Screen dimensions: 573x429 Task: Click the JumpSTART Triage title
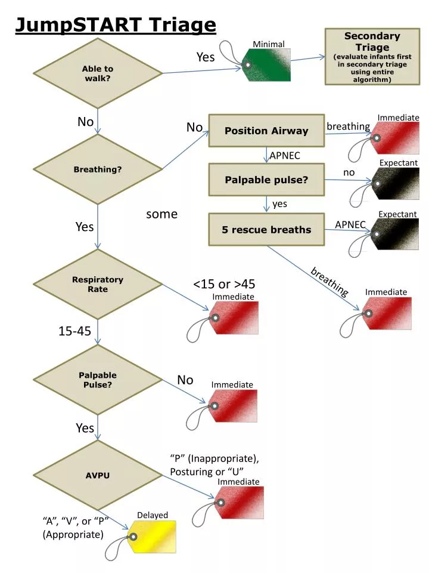click(x=115, y=25)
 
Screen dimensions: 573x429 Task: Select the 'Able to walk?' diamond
click(x=98, y=73)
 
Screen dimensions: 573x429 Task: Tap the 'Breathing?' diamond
click(x=98, y=170)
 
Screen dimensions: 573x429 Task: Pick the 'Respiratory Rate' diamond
click(x=98, y=284)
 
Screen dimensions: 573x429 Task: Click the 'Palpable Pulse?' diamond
click(x=98, y=380)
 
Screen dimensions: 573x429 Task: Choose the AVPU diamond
click(x=98, y=475)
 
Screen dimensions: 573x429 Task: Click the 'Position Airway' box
click(x=266, y=131)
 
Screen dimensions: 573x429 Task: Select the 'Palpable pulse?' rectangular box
click(x=266, y=180)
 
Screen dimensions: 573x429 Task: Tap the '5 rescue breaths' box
click(x=266, y=229)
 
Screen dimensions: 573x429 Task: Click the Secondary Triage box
click(x=372, y=57)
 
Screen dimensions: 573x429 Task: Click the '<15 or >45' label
click(x=224, y=284)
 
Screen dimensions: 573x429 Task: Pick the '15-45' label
click(x=74, y=331)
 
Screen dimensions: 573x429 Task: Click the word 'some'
click(x=161, y=214)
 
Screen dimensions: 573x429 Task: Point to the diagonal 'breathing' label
click(x=329, y=281)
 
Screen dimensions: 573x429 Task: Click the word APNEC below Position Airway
click(x=284, y=156)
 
